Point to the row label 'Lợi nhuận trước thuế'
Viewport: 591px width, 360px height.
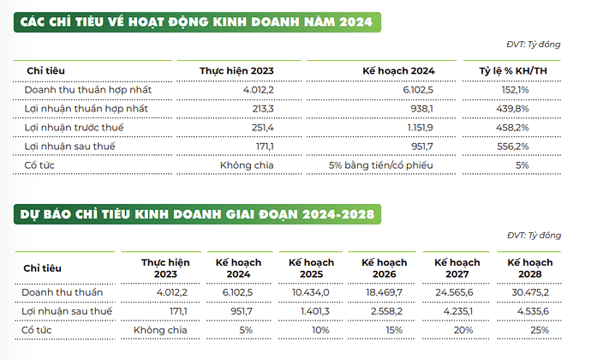coord(75,127)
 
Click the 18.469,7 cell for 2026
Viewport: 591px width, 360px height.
coord(390,291)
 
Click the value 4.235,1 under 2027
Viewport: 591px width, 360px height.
coord(465,310)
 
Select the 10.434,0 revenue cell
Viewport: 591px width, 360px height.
coord(316,291)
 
